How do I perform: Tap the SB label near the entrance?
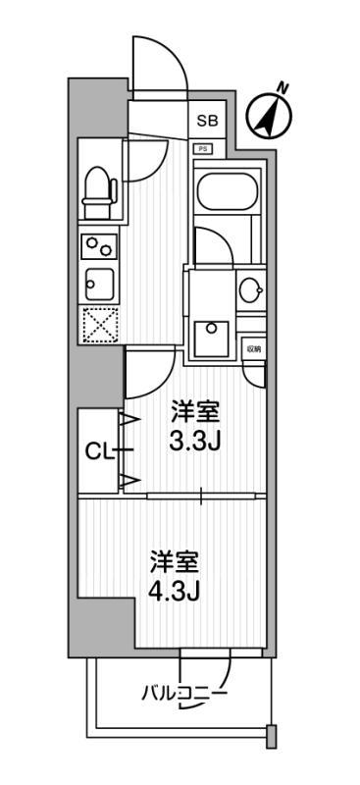(x=207, y=122)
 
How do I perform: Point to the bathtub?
(x=226, y=191)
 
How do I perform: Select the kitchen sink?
(x=99, y=285)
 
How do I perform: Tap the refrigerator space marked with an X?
(x=99, y=326)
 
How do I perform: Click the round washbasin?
(x=249, y=289)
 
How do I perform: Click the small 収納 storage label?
(x=253, y=348)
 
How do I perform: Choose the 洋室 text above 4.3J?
(x=176, y=565)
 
